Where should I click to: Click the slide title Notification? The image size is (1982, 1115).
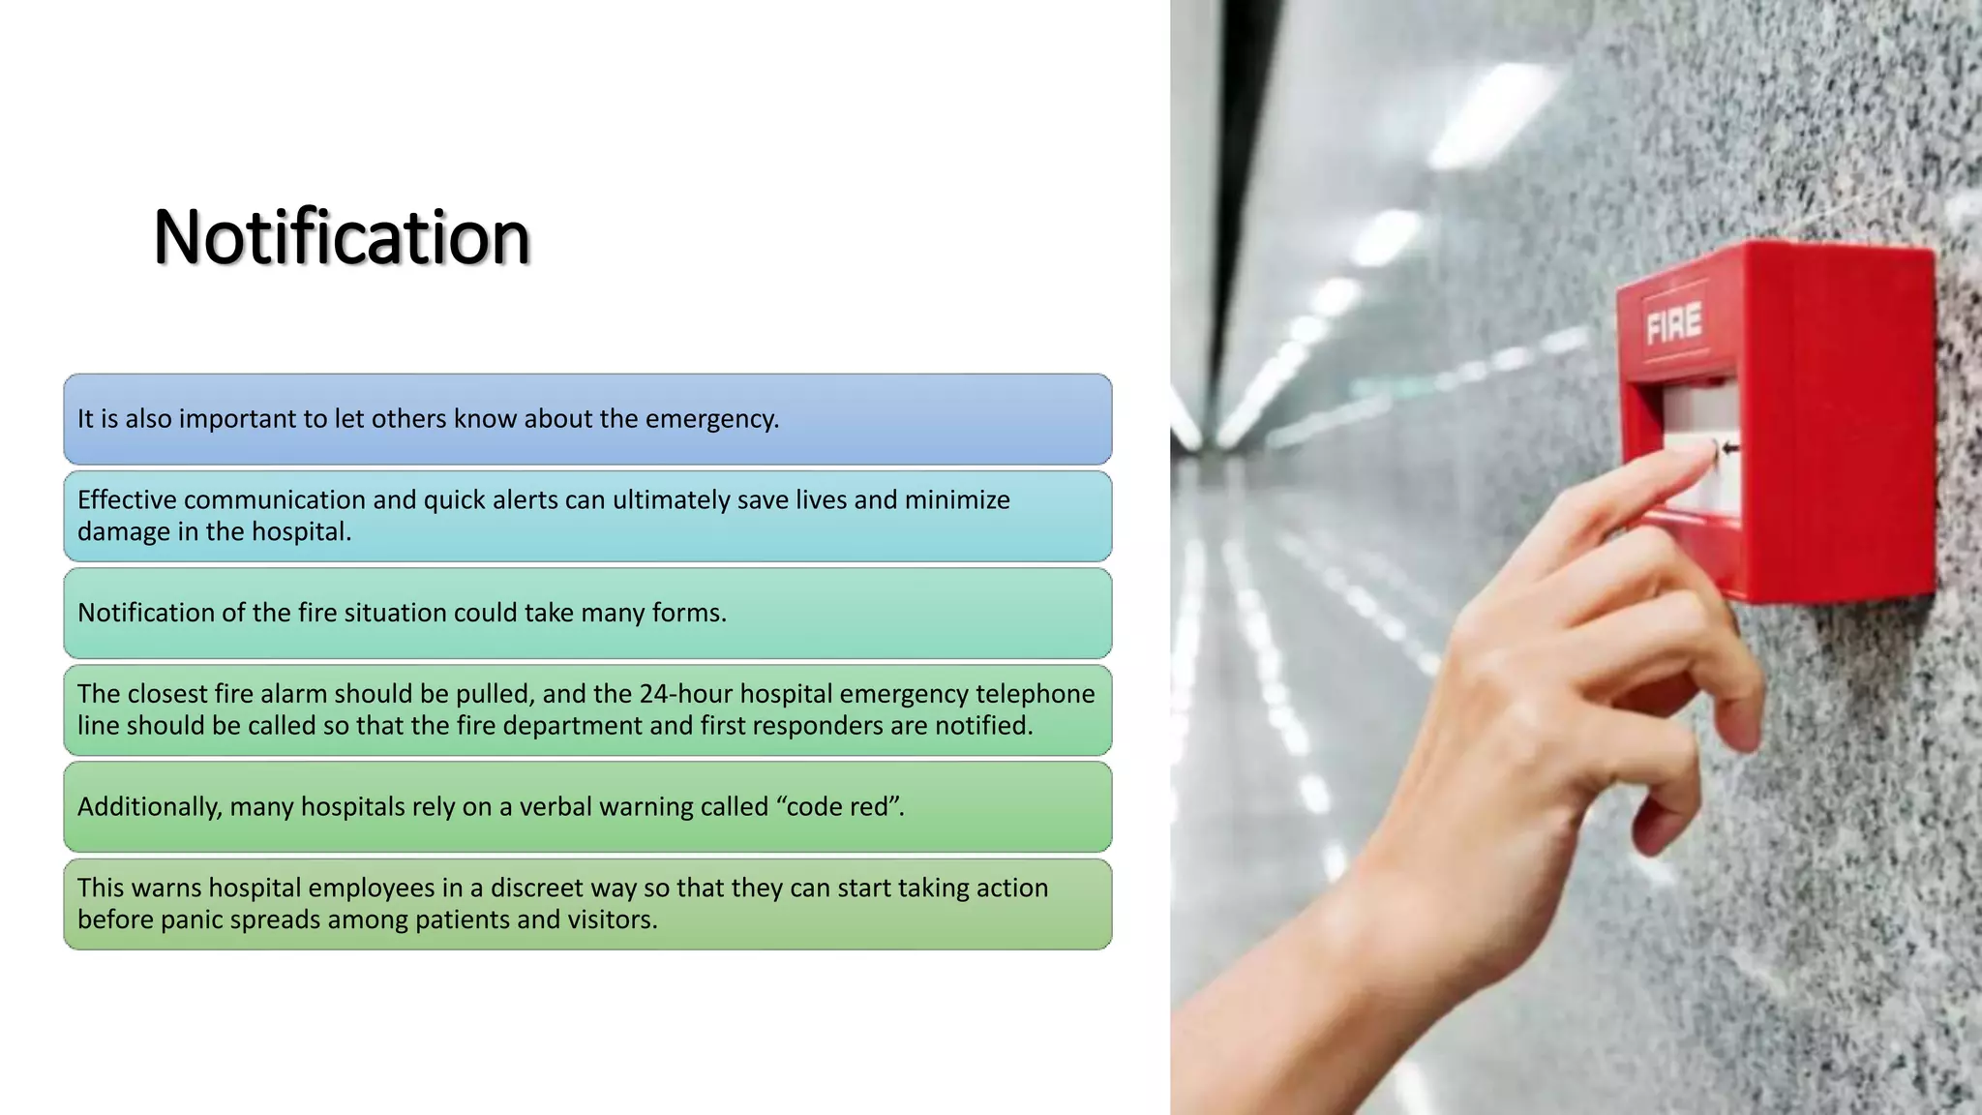342,237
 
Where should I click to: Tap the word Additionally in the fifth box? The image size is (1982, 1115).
149,807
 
